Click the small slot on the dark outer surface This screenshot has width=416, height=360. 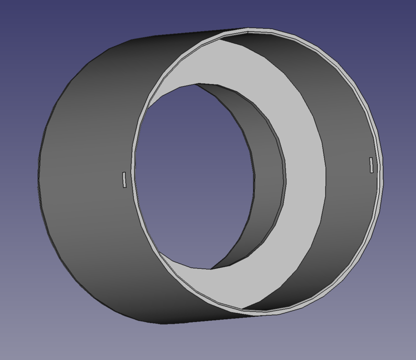[124, 180]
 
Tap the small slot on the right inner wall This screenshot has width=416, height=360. [371, 165]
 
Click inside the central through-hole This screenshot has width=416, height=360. [197, 178]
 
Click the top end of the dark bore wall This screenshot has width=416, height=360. [197, 84]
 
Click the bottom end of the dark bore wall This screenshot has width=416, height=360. [210, 268]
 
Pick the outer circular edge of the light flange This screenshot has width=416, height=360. [326, 173]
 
